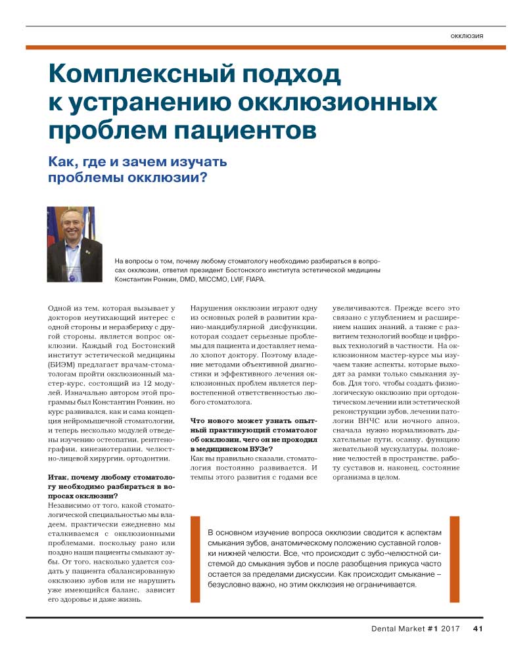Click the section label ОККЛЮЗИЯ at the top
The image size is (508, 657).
click(467, 35)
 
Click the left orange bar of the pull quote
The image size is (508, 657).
click(195, 559)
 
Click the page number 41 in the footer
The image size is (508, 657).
click(478, 629)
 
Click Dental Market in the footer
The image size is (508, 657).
click(398, 629)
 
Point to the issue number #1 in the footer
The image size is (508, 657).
click(432, 629)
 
